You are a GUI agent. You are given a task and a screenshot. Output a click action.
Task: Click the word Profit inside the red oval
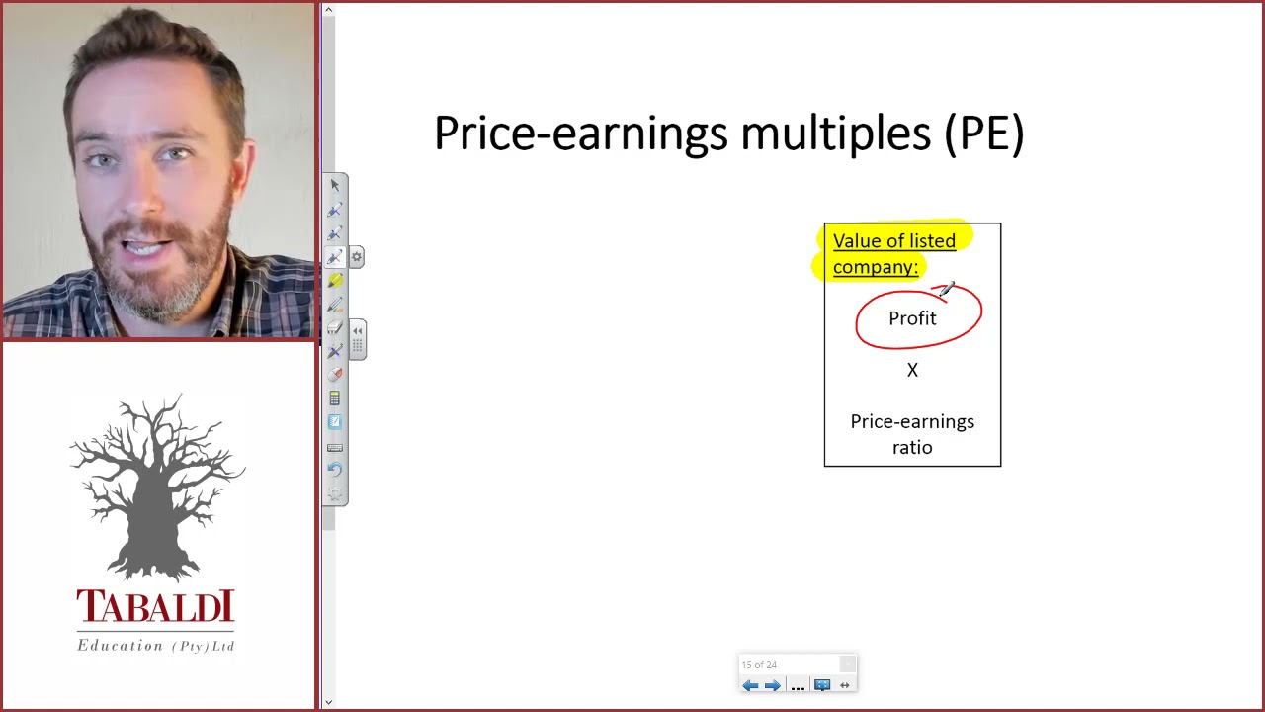pos(912,318)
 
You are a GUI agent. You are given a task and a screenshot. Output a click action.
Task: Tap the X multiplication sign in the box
pos(912,370)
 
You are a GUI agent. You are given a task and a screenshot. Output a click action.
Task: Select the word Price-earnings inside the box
pos(912,422)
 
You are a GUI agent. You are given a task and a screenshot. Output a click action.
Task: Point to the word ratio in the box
pos(912,448)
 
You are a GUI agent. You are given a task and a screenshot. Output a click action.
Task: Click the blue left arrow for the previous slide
pos(750,685)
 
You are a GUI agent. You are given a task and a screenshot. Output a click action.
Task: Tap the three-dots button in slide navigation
pos(798,686)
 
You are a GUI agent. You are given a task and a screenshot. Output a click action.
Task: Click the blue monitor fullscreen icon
pos(822,685)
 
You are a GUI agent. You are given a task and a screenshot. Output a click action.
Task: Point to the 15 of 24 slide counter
pos(759,665)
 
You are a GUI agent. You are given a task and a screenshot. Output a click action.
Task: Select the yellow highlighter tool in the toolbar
pos(335,281)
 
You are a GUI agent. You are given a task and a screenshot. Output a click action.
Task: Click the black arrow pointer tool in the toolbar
pos(335,185)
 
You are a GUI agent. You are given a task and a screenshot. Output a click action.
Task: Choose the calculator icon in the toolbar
pos(335,399)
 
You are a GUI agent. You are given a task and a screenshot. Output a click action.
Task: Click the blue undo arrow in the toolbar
pos(335,470)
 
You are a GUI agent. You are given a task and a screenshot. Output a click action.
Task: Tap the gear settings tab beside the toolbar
pos(356,257)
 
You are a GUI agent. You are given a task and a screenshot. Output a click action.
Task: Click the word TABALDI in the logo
pos(155,608)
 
